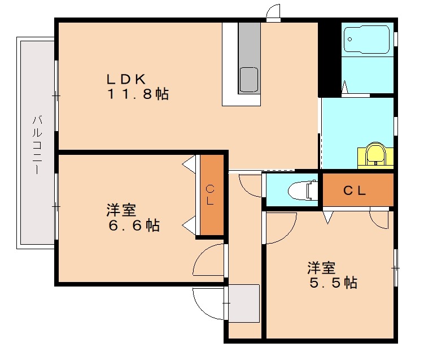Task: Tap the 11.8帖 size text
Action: click(138, 94)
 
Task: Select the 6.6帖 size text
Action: click(134, 225)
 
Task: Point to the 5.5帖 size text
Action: click(333, 282)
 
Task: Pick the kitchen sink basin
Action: click(248, 79)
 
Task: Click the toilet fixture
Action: click(302, 190)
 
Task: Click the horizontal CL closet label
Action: click(355, 190)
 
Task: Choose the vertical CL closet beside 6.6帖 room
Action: click(211, 195)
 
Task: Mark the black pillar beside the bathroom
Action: click(326, 59)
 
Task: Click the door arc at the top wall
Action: click(273, 12)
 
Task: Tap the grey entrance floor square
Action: click(243, 302)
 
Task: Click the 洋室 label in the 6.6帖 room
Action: click(121, 210)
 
